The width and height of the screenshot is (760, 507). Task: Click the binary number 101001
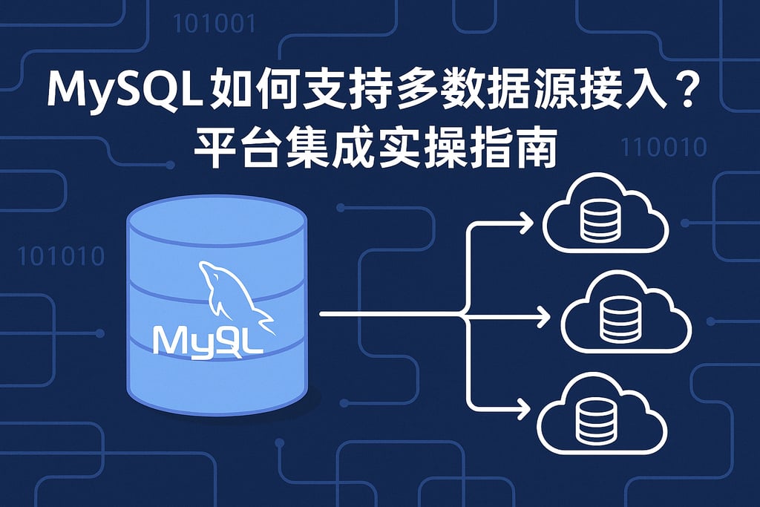point(214,24)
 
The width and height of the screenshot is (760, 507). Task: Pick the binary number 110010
point(664,147)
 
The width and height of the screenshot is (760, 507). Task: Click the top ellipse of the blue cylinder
point(216,217)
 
